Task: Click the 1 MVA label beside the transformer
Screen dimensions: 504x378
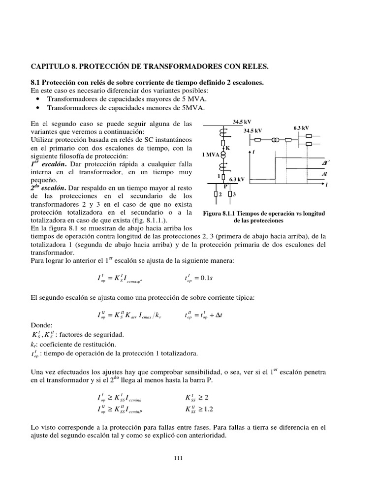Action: pyautogui.click(x=210, y=155)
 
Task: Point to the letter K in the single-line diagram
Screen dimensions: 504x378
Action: pyautogui.click(x=227, y=148)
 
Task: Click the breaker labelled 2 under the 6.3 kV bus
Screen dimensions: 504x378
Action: pyautogui.click(x=216, y=195)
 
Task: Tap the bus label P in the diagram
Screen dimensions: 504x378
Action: pyautogui.click(x=225, y=187)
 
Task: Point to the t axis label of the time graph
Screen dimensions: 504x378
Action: pyautogui.click(x=253, y=152)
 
